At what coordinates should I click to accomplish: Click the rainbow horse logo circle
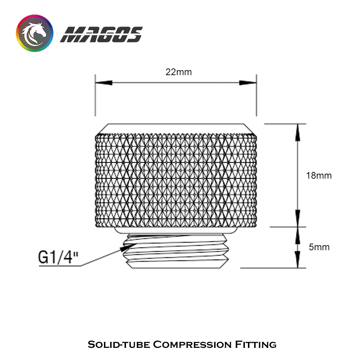point(35,34)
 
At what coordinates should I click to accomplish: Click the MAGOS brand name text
point(102,35)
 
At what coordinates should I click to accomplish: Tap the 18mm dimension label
point(319,175)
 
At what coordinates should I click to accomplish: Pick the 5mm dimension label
point(319,247)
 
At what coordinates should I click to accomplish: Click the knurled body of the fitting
point(175,180)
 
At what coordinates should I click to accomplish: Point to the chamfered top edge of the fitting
point(175,128)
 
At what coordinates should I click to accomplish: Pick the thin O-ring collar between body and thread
point(175,230)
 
